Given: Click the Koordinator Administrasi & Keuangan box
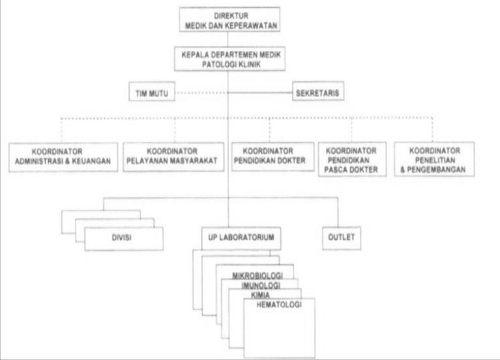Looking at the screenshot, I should click(63, 157).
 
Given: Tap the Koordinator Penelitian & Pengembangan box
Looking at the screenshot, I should click(434, 160).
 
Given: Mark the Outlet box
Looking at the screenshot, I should click(340, 238).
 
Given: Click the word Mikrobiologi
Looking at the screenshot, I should click(257, 276).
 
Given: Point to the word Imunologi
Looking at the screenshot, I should click(261, 286).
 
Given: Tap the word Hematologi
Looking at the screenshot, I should click(279, 305).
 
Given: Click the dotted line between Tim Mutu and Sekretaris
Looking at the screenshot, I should click(196, 93).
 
